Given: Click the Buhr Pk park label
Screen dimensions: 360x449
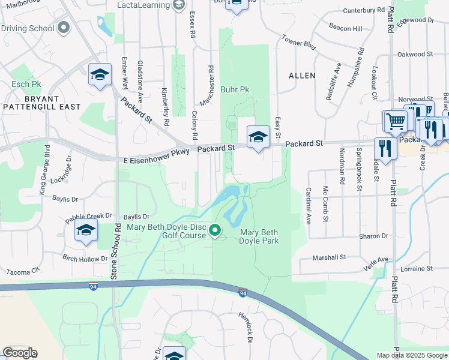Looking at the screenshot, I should (235, 89).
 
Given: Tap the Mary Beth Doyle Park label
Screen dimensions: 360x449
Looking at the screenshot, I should (259, 236).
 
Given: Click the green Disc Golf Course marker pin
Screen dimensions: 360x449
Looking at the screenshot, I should (215, 229).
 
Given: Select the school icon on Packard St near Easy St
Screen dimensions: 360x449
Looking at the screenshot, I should (258, 137).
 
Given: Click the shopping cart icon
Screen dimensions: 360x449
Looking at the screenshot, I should (396, 122).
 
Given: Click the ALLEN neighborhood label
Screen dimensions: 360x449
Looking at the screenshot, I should (301, 76).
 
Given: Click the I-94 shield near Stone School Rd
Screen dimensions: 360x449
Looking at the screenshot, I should (93, 287).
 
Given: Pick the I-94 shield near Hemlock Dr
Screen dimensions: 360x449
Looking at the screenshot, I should (242, 293).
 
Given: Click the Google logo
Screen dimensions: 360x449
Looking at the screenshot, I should (20, 353).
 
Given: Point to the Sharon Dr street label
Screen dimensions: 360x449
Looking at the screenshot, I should (373, 236).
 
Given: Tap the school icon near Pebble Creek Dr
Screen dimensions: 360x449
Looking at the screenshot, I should (86, 230).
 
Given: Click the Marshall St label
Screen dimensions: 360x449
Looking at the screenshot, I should (331, 257).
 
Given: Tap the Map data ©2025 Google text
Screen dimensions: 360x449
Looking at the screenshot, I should (411, 355).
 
